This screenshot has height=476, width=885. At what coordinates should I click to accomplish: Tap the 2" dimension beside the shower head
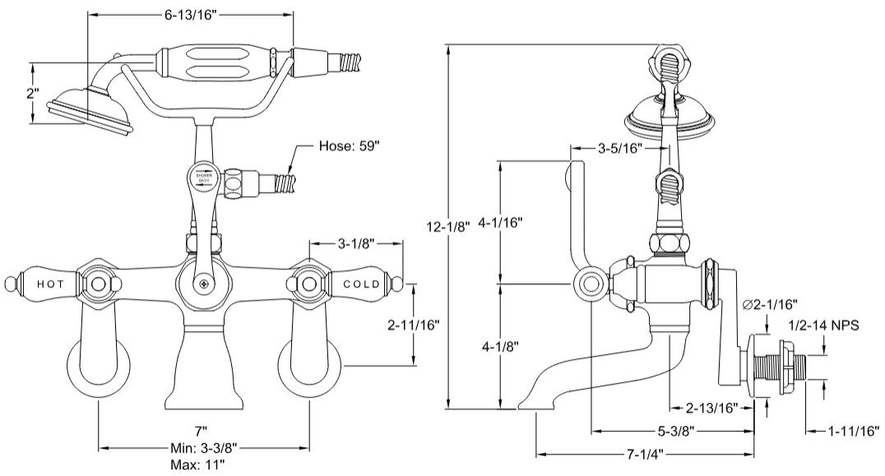[32, 92]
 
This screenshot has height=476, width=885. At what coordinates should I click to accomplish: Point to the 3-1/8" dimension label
[355, 244]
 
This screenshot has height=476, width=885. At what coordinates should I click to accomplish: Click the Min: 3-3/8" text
[202, 448]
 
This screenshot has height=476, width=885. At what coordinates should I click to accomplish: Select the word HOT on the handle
[50, 284]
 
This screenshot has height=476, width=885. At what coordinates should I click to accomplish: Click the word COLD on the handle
[361, 284]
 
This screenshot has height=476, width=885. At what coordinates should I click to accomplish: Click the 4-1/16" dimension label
[500, 222]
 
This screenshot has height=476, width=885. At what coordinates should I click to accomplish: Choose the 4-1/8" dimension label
[500, 346]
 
